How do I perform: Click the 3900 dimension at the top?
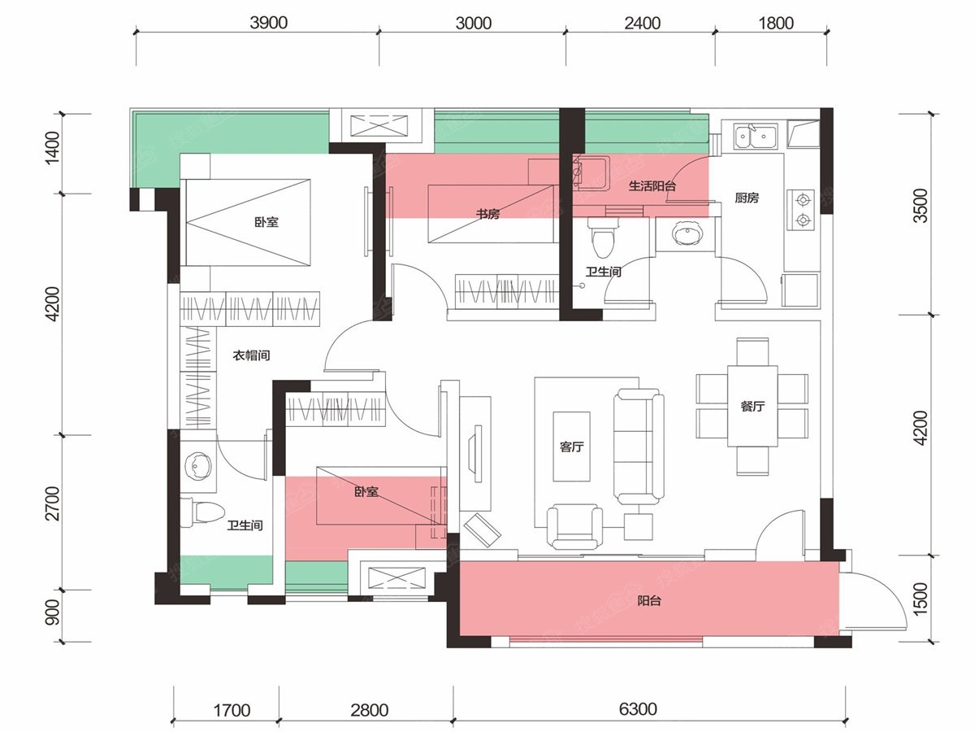(x=268, y=23)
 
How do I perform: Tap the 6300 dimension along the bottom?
(x=638, y=708)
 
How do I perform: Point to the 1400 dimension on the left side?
(x=52, y=147)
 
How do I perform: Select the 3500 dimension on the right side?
(x=921, y=205)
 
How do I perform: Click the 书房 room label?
(x=487, y=214)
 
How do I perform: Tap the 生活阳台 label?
(x=652, y=185)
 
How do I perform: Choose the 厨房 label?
(x=747, y=198)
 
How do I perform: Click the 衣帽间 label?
(x=251, y=355)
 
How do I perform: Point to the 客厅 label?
(x=572, y=447)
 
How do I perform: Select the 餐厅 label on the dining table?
(x=752, y=406)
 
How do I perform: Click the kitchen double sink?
(x=755, y=136)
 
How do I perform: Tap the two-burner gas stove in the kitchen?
(x=801, y=210)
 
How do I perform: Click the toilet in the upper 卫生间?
(x=602, y=237)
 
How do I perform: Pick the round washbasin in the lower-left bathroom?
(x=197, y=467)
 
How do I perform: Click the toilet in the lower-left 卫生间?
(x=201, y=513)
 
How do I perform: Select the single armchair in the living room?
(x=574, y=527)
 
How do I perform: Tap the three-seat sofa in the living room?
(x=639, y=447)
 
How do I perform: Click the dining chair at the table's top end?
(x=752, y=352)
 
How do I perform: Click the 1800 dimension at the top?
(x=776, y=23)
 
